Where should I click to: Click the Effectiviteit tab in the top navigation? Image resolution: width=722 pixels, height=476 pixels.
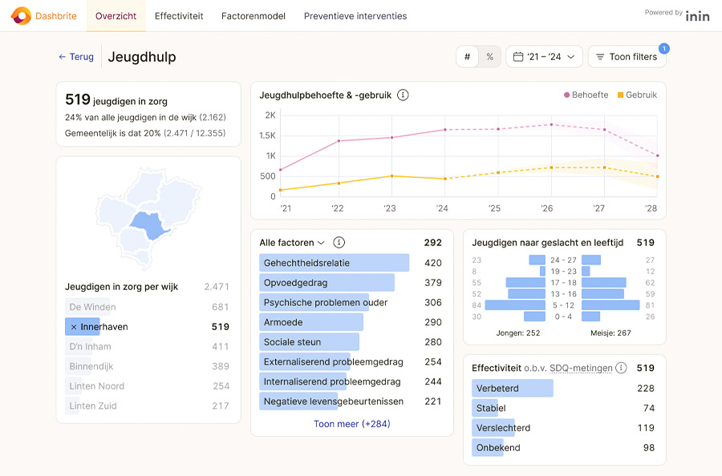(x=179, y=16)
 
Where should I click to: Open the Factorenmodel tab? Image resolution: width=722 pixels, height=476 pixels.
(x=254, y=16)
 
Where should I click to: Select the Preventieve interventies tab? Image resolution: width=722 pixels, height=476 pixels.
(x=355, y=16)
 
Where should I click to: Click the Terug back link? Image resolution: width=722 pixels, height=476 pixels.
(x=76, y=57)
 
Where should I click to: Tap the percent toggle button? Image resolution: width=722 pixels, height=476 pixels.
(x=489, y=57)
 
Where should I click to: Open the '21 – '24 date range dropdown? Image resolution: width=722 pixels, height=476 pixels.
(x=544, y=57)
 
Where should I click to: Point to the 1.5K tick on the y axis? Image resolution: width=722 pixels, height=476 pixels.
(x=267, y=135)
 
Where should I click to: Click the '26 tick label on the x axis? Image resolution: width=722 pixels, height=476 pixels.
(x=547, y=208)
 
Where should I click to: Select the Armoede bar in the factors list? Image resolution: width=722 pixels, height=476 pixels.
(x=311, y=322)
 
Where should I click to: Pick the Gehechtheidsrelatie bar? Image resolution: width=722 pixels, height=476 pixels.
(x=334, y=263)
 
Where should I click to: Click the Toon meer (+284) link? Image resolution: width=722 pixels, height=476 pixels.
(x=351, y=424)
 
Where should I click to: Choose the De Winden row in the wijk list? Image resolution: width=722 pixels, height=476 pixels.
(x=92, y=307)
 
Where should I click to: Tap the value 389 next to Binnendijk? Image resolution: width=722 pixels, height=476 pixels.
(x=221, y=366)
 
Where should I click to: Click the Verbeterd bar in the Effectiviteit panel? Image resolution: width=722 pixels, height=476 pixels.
(x=512, y=389)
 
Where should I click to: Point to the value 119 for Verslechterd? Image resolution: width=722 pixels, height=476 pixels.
(x=646, y=428)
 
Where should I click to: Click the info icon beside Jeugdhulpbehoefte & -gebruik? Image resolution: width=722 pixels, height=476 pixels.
(x=403, y=95)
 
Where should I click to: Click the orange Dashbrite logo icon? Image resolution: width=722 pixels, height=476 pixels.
(x=21, y=16)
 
